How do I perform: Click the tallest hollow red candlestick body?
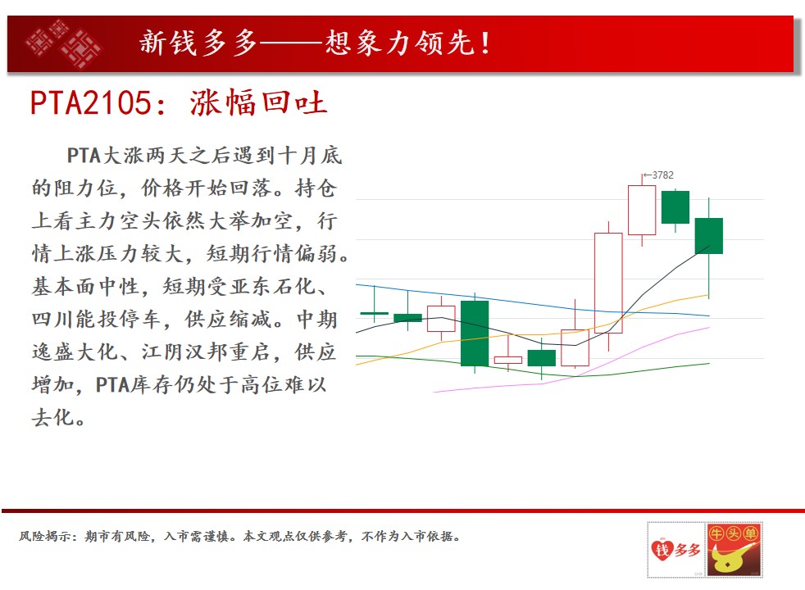tap(608, 284)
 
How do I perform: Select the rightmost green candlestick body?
tap(709, 236)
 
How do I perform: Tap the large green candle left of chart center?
tap(475, 334)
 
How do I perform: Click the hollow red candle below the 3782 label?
tap(642, 211)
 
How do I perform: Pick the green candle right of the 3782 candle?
tap(675, 207)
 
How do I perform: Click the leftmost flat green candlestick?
tap(375, 313)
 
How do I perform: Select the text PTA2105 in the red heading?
tap(91, 102)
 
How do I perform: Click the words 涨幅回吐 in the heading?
tap(258, 102)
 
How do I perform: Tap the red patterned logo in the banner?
tap(63, 44)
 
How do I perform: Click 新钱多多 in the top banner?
tap(198, 43)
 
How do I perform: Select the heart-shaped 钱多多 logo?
tap(675, 551)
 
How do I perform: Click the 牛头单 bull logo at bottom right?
tap(734, 550)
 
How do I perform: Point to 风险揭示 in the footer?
tap(44, 537)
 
